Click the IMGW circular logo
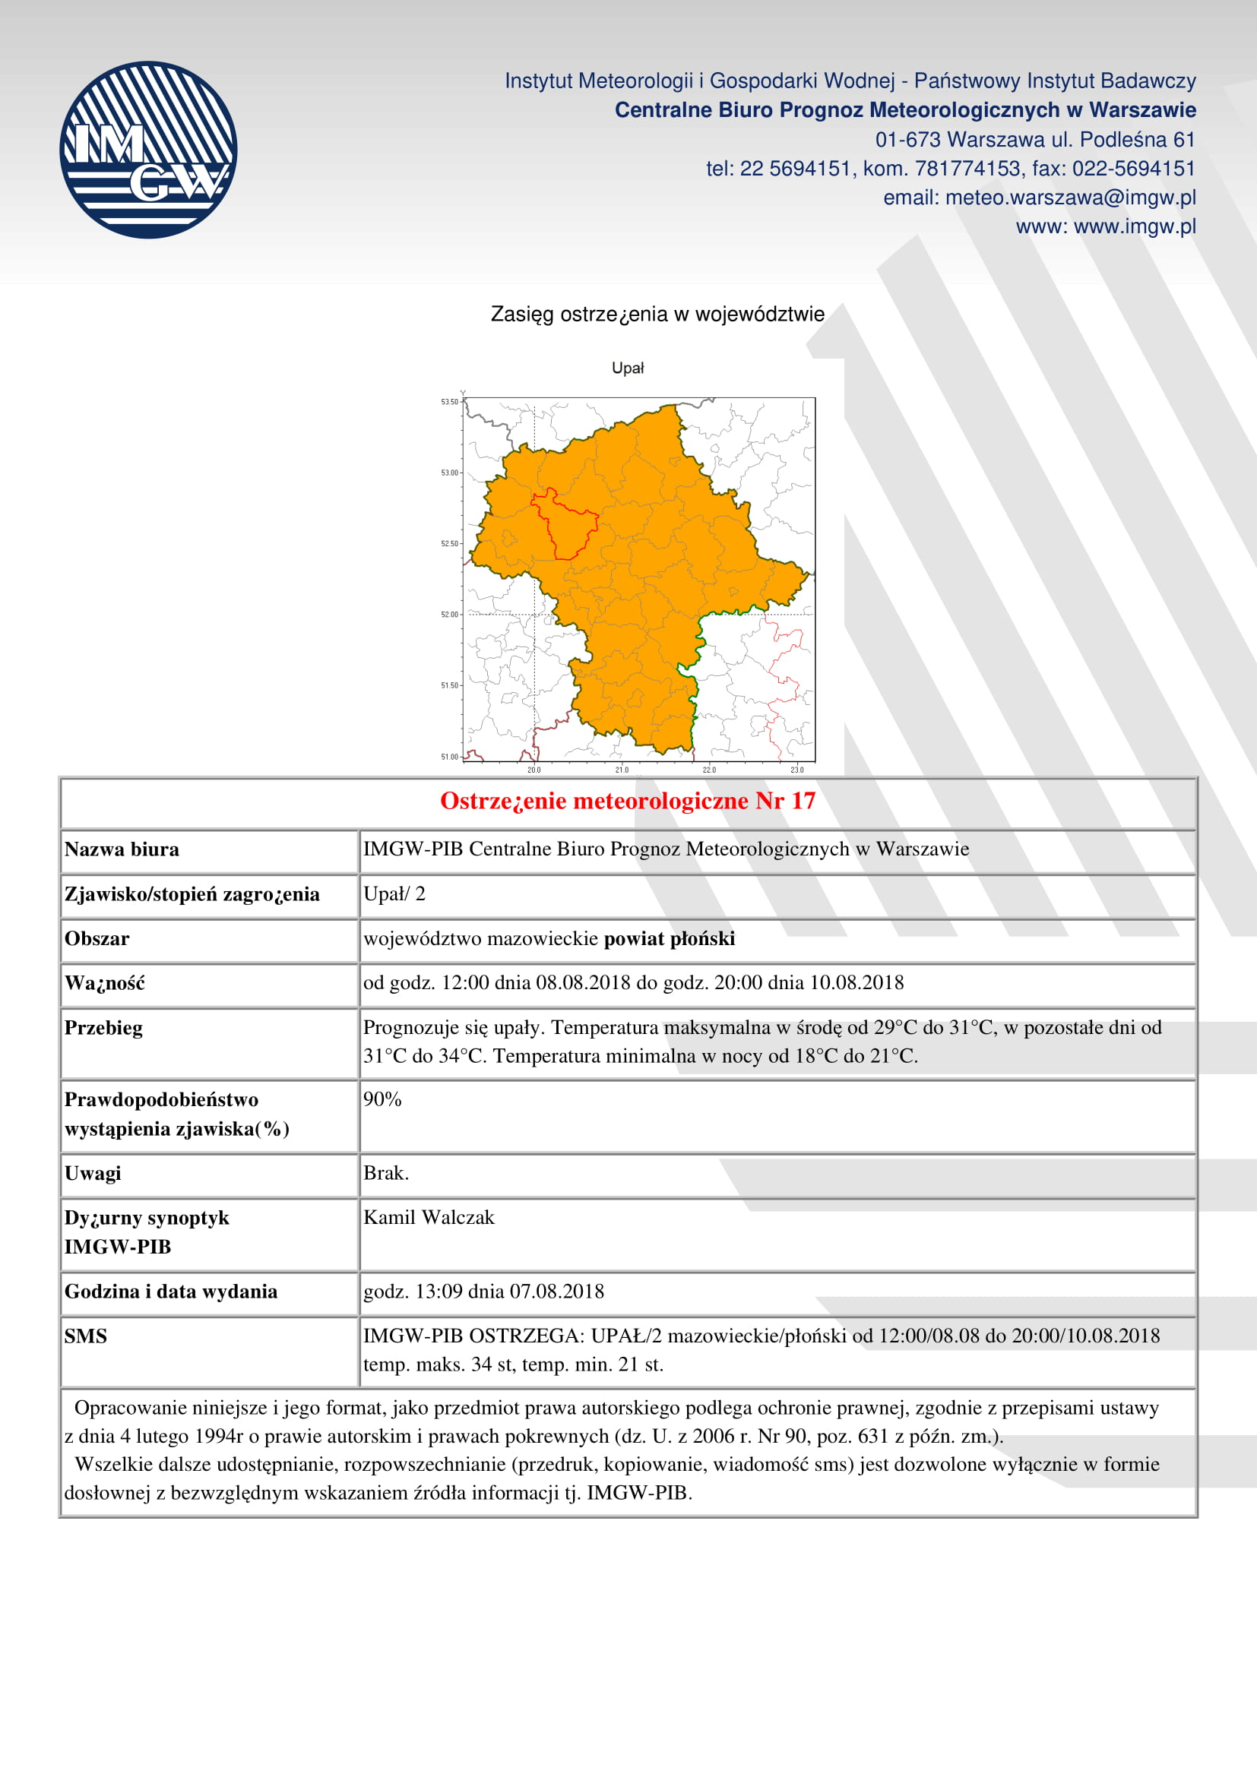(148, 150)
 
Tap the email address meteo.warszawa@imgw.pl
(1071, 198)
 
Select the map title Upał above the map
(628, 368)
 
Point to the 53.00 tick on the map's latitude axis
(450, 473)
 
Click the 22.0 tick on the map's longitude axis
(709, 770)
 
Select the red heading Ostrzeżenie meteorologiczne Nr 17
(628, 801)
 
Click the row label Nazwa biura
(122, 850)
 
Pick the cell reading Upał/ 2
(394, 895)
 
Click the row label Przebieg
(103, 1028)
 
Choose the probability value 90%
(382, 1100)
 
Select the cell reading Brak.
(385, 1173)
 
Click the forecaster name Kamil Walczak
(429, 1217)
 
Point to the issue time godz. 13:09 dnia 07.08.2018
(483, 1292)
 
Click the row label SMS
(86, 1336)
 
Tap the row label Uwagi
(93, 1173)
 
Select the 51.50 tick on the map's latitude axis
(450, 686)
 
